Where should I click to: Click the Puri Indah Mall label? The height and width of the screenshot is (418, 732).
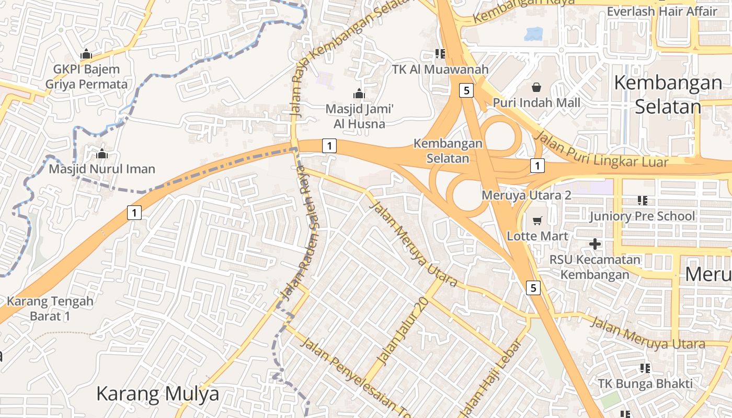536,102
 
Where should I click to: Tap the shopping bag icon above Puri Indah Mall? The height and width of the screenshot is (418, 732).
536,87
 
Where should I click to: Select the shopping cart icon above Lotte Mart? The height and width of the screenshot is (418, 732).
537,221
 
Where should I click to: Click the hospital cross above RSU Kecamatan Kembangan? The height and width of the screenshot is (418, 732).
594,244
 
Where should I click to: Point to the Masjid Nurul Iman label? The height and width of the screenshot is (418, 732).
102,169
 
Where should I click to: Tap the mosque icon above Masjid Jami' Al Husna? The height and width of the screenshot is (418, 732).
359,94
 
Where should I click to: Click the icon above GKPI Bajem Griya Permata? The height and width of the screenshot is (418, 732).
86,54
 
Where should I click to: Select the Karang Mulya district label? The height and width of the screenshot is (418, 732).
157,393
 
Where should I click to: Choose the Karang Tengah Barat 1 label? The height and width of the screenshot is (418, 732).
50,308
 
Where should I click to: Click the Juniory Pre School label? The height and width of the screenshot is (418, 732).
642,216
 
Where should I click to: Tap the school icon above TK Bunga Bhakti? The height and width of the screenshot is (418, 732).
645,368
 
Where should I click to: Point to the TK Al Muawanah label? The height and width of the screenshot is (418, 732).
440,69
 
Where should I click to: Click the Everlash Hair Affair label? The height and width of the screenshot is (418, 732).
662,11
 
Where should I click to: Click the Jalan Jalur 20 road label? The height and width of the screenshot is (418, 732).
402,332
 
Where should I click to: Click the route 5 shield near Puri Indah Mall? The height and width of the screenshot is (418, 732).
467,90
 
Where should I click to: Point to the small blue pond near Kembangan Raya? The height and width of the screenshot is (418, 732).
534,34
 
